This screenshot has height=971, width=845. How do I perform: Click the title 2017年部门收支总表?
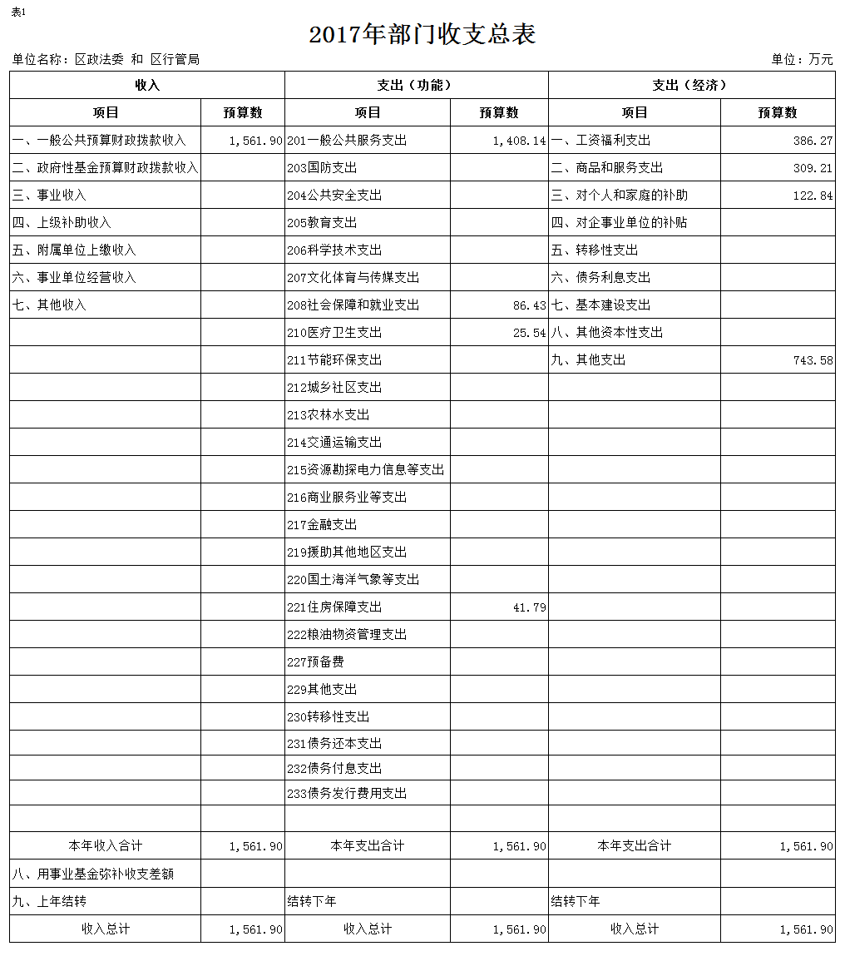pyautogui.click(x=422, y=34)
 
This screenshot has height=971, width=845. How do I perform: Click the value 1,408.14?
pyautogui.click(x=519, y=141)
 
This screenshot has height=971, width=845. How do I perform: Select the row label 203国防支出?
pyautogui.click(x=322, y=168)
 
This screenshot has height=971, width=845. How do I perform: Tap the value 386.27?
pyautogui.click(x=813, y=141)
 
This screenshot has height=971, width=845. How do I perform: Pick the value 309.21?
pyautogui.click(x=813, y=168)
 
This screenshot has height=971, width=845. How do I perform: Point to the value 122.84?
pyautogui.click(x=813, y=196)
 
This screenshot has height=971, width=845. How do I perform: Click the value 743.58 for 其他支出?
pyautogui.click(x=813, y=360)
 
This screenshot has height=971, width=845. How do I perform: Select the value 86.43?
pyautogui.click(x=529, y=305)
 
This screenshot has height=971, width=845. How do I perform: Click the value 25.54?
pyautogui.click(x=529, y=333)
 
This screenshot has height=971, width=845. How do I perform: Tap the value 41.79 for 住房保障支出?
pyautogui.click(x=529, y=607)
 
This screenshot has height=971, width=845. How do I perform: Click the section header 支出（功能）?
pyautogui.click(x=416, y=86)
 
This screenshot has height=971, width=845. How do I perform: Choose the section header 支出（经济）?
pyautogui.click(x=691, y=86)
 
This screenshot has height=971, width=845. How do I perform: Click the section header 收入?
pyautogui.click(x=147, y=86)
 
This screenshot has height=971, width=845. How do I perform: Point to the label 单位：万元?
pyautogui.click(x=802, y=59)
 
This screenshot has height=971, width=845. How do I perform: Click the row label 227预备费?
pyautogui.click(x=316, y=662)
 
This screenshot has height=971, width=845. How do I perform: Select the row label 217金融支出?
pyautogui.click(x=322, y=525)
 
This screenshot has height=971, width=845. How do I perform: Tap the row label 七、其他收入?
pyautogui.click(x=49, y=305)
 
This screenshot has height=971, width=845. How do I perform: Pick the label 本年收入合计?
pyautogui.click(x=106, y=846)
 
